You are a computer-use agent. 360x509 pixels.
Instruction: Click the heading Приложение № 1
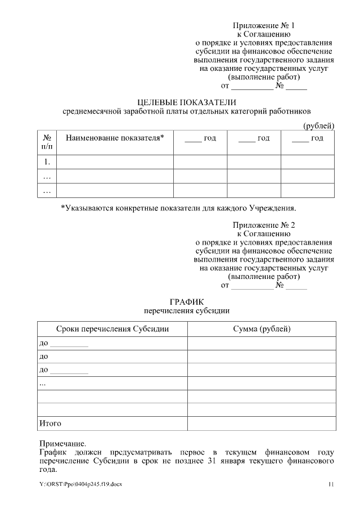(263, 26)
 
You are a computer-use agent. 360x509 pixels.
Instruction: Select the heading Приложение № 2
(263, 225)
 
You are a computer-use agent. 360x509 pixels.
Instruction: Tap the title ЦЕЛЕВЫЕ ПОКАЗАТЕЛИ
(187, 102)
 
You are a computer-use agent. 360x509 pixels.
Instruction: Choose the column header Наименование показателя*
(115, 138)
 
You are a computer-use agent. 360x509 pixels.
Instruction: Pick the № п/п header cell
(47, 142)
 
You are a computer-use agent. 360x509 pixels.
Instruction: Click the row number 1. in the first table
(47, 162)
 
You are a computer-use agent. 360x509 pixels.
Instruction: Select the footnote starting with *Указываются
(178, 208)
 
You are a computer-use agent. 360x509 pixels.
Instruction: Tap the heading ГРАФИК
(186, 301)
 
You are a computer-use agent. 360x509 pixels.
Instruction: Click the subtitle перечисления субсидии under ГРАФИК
(186, 310)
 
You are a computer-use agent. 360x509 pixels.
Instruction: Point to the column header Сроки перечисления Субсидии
(112, 328)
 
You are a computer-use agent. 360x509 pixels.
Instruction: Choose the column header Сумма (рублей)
(262, 328)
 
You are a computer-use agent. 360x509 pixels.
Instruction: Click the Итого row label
(50, 423)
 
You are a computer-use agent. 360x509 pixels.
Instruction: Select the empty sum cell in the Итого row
(262, 423)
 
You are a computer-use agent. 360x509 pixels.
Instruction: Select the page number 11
(331, 484)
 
